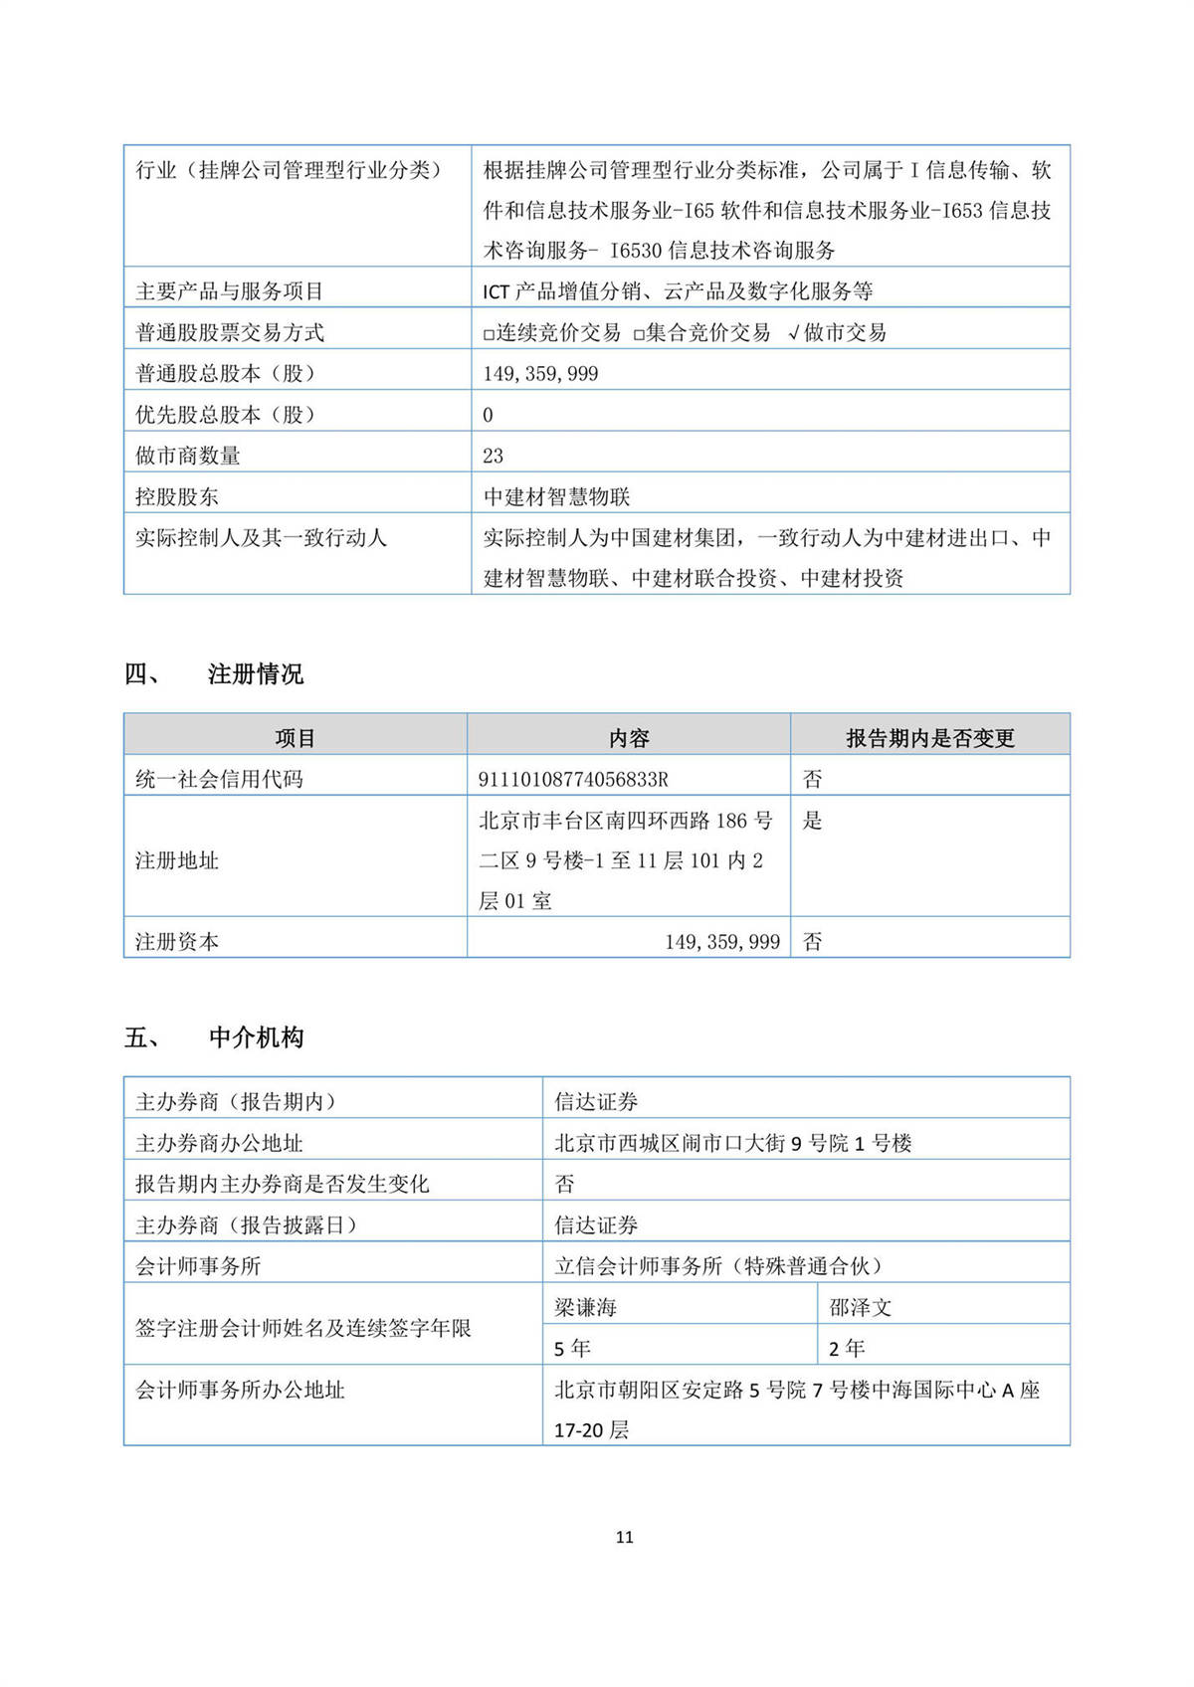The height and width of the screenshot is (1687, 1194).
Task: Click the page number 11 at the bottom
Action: [x=624, y=1537]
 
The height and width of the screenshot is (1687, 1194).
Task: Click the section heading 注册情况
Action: [x=255, y=674]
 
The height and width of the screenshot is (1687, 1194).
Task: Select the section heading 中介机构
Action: [x=256, y=1037]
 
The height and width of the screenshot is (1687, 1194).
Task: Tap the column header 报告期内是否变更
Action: [x=929, y=738]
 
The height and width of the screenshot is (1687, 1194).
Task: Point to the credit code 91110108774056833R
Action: [x=573, y=779]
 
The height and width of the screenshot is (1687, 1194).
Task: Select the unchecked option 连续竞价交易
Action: [x=552, y=332]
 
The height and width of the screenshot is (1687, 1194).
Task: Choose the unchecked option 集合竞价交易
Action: [x=702, y=332]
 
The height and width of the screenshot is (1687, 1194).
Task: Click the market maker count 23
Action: [x=493, y=456]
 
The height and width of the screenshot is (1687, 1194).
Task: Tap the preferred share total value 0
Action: [x=488, y=415]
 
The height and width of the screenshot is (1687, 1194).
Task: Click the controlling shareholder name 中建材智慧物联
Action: [x=556, y=496]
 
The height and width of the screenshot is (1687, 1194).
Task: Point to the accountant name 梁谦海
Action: [x=585, y=1307]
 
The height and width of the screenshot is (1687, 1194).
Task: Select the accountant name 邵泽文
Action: [x=860, y=1307]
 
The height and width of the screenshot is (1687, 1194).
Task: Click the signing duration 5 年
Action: [x=572, y=1348]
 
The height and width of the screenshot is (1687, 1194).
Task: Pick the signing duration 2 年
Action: [x=847, y=1348]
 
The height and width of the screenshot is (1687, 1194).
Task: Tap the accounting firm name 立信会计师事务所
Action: [x=638, y=1266]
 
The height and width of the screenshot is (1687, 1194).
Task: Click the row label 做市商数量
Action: [x=188, y=456]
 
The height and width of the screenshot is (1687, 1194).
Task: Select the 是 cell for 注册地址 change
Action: [x=812, y=821]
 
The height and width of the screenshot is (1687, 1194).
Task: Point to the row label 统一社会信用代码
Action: [x=219, y=779]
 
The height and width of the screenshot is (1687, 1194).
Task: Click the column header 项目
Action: [x=295, y=738]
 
